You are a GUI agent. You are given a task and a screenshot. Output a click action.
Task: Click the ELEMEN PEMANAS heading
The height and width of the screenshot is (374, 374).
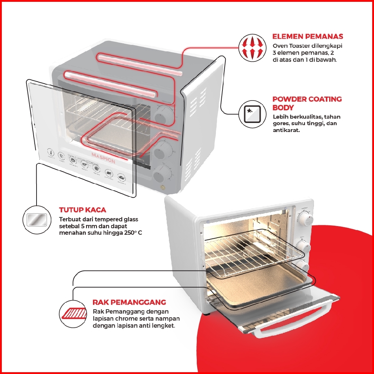click(307, 37)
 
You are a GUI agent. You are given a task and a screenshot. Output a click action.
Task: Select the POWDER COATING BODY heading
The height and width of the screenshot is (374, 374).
click(307, 103)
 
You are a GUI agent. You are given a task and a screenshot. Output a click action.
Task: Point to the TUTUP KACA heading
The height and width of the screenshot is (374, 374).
click(82, 210)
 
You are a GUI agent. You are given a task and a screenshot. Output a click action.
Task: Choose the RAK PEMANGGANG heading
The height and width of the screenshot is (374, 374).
click(129, 302)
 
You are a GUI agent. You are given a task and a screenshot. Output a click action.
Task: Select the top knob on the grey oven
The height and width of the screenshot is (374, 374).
click(162, 115)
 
